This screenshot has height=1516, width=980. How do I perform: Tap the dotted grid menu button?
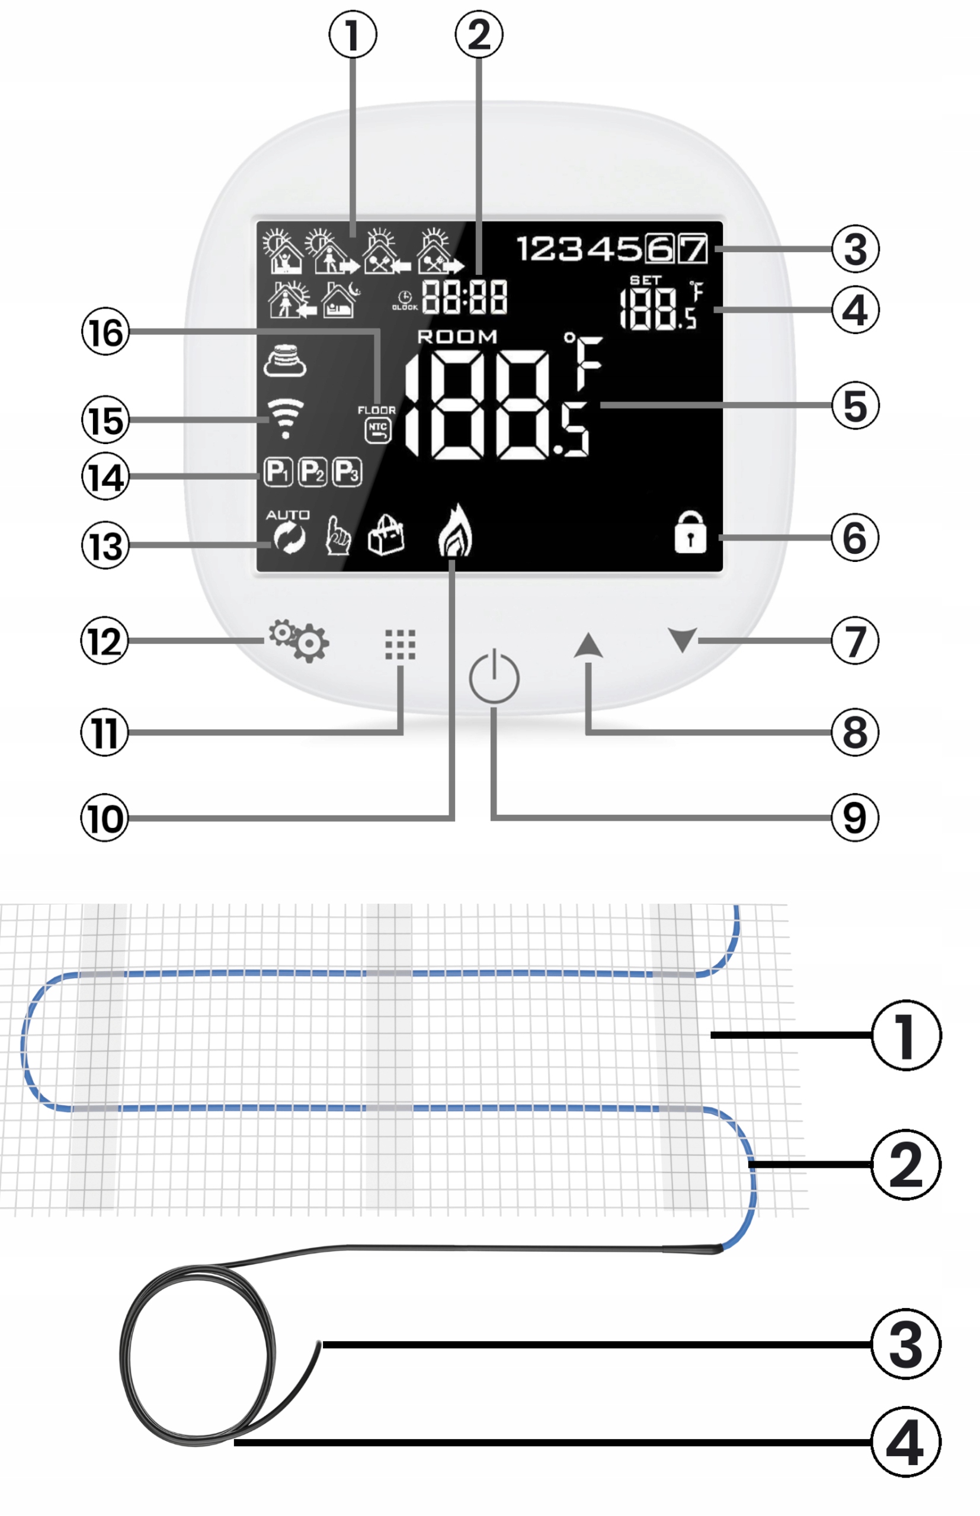(401, 645)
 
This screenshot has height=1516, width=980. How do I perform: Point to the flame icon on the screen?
(456, 531)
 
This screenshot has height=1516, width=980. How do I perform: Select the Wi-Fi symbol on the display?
(285, 419)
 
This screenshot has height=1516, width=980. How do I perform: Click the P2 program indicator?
(312, 472)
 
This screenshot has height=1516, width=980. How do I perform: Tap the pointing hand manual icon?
(338, 535)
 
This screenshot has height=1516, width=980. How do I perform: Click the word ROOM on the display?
(457, 336)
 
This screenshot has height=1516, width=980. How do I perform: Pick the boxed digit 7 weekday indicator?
(693, 248)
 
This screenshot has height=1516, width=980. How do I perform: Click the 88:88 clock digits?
(465, 297)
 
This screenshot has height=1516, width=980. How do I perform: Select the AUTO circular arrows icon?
(289, 532)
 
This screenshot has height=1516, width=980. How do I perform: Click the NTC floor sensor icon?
(378, 431)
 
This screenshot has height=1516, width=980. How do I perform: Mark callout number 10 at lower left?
(105, 818)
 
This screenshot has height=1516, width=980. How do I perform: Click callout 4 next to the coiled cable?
(905, 1441)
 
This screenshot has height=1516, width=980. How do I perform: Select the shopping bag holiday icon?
(386, 535)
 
